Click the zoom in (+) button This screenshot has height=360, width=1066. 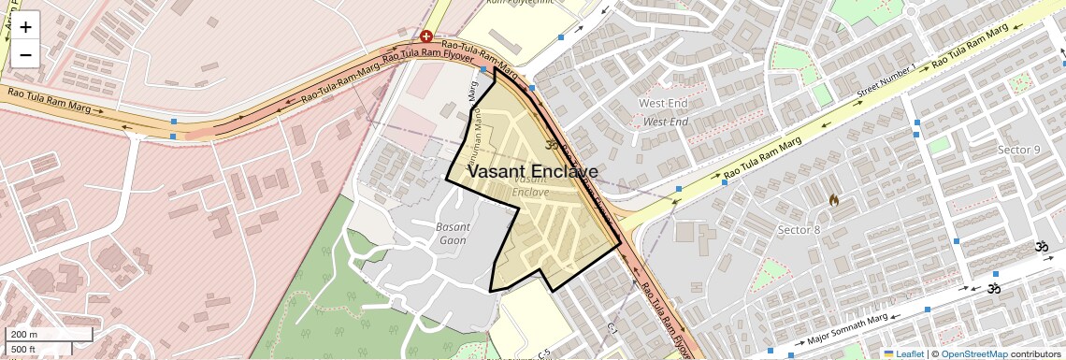click(25, 27)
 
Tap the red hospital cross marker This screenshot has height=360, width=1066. click(426, 36)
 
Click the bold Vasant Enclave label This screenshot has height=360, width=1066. click(532, 172)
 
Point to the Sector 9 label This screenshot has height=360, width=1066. click(1018, 150)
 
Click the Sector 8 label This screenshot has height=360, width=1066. click(799, 230)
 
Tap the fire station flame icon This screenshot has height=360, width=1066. click(833, 200)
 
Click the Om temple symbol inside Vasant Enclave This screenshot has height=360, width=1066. click(551, 145)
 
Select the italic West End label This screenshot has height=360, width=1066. click(666, 122)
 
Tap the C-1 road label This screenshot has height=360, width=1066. click(613, 329)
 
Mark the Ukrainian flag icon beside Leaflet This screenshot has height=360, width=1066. click(889, 353)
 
